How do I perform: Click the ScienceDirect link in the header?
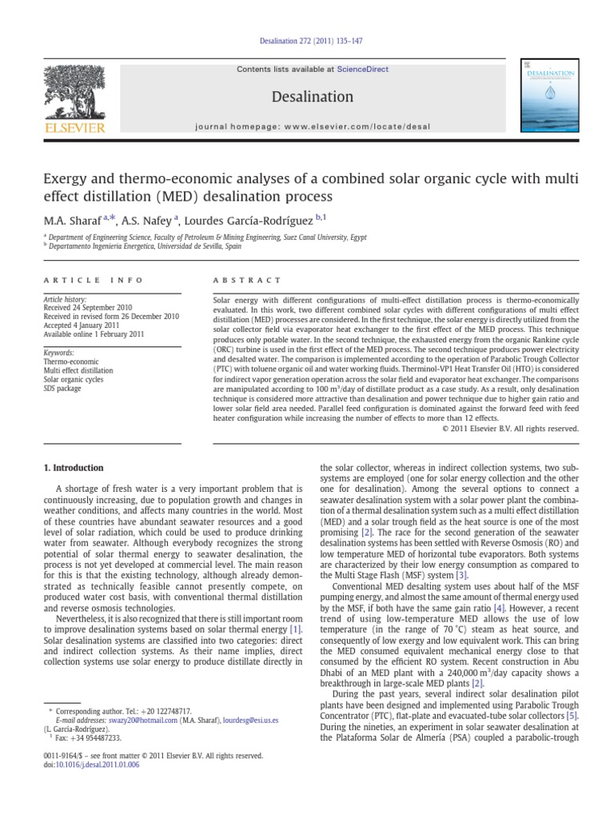[362, 70]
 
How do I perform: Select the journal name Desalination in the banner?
[313, 97]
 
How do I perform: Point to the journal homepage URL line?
[313, 126]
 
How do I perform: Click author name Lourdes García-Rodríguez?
[254, 218]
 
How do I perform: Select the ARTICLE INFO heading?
[93, 280]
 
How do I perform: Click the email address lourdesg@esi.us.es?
[250, 721]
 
